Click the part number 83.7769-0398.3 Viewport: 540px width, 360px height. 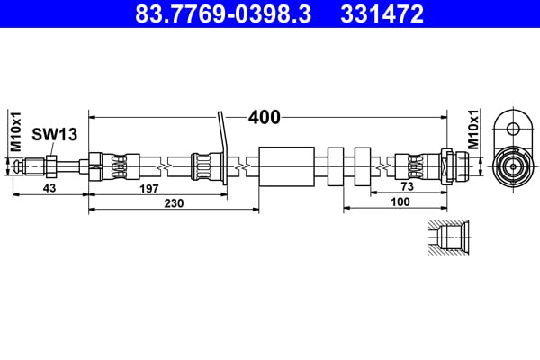pos(220,13)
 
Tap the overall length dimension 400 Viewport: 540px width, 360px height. pos(264,117)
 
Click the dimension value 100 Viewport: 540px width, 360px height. pos(401,203)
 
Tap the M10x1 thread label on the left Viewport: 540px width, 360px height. pos(15,132)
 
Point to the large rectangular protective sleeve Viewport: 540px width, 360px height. pos(287,166)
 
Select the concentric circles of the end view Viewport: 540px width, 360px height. pos(513,166)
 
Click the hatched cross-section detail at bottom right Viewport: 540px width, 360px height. pos(446,237)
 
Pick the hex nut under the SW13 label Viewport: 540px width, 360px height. pos(51,166)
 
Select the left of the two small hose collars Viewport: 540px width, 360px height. pos(337,166)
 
